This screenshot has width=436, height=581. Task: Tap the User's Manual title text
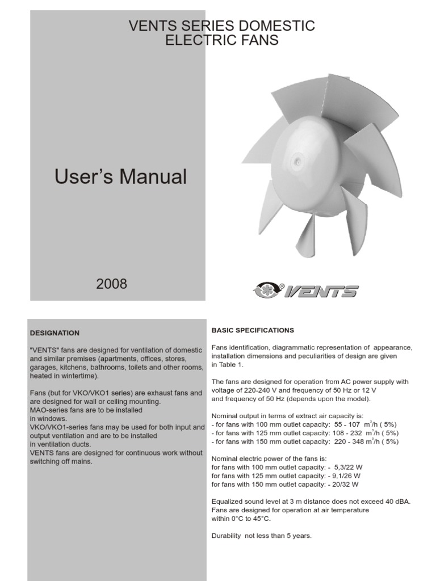click(120, 177)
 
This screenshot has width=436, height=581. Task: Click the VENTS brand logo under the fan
click(305, 291)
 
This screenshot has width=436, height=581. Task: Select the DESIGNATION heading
click(54, 333)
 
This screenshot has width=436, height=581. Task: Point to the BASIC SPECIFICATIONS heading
click(253, 330)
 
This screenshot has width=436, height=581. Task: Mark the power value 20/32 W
click(346, 485)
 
